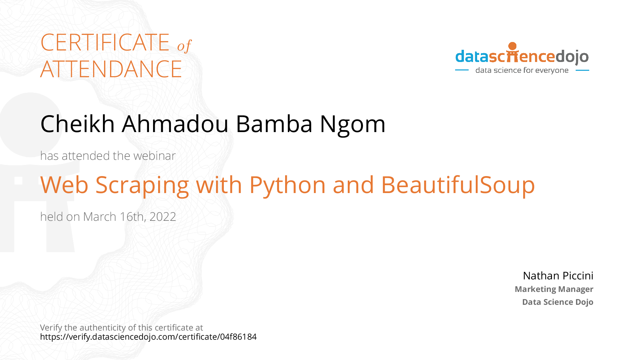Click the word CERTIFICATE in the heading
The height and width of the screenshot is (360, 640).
click(105, 42)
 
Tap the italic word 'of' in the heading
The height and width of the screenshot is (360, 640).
click(184, 46)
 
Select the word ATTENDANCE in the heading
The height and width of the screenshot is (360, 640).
click(111, 69)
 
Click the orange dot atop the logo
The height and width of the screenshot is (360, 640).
click(513, 46)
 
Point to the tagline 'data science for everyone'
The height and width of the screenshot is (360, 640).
click(522, 70)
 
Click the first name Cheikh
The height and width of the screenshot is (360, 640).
click(78, 124)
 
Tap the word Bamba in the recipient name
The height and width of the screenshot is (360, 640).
click(274, 124)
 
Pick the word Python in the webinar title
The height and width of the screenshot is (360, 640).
click(287, 186)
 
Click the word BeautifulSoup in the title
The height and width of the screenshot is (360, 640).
click(458, 186)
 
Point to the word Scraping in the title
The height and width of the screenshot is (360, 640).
click(142, 186)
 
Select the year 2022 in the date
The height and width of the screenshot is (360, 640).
click(163, 217)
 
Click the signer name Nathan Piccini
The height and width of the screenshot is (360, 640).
click(558, 276)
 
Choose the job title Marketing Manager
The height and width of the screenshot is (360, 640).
click(554, 289)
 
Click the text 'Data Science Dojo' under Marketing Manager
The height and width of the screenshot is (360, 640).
click(558, 302)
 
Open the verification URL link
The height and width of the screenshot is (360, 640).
click(148, 337)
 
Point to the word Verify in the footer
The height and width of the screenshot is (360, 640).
click(51, 328)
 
